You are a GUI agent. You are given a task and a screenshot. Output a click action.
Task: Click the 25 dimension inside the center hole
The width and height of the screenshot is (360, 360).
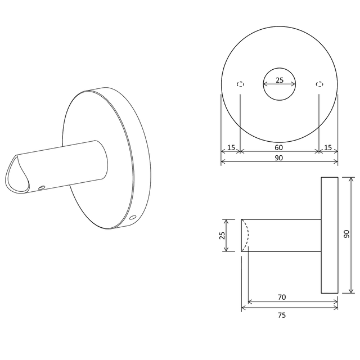click(x=280, y=80)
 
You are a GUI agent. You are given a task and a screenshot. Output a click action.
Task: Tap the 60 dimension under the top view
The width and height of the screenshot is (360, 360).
click(x=279, y=147)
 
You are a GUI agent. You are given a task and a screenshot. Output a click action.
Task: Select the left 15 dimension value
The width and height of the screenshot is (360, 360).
click(x=231, y=147)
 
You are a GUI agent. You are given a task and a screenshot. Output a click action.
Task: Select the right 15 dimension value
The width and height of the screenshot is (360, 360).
click(x=328, y=147)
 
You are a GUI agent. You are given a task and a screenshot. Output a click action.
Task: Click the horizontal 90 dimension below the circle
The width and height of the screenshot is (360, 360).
click(x=279, y=158)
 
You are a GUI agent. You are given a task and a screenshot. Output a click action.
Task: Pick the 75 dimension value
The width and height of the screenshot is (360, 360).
click(x=282, y=316)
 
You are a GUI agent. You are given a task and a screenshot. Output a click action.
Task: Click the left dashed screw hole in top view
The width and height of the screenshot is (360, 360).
click(x=241, y=84)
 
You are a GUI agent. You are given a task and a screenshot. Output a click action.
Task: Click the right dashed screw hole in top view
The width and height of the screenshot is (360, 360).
click(x=319, y=84)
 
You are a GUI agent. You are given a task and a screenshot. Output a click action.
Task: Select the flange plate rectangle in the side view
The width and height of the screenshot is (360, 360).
click(x=330, y=235)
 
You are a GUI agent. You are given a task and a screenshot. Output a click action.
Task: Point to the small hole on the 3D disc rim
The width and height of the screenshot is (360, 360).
click(x=133, y=217)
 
